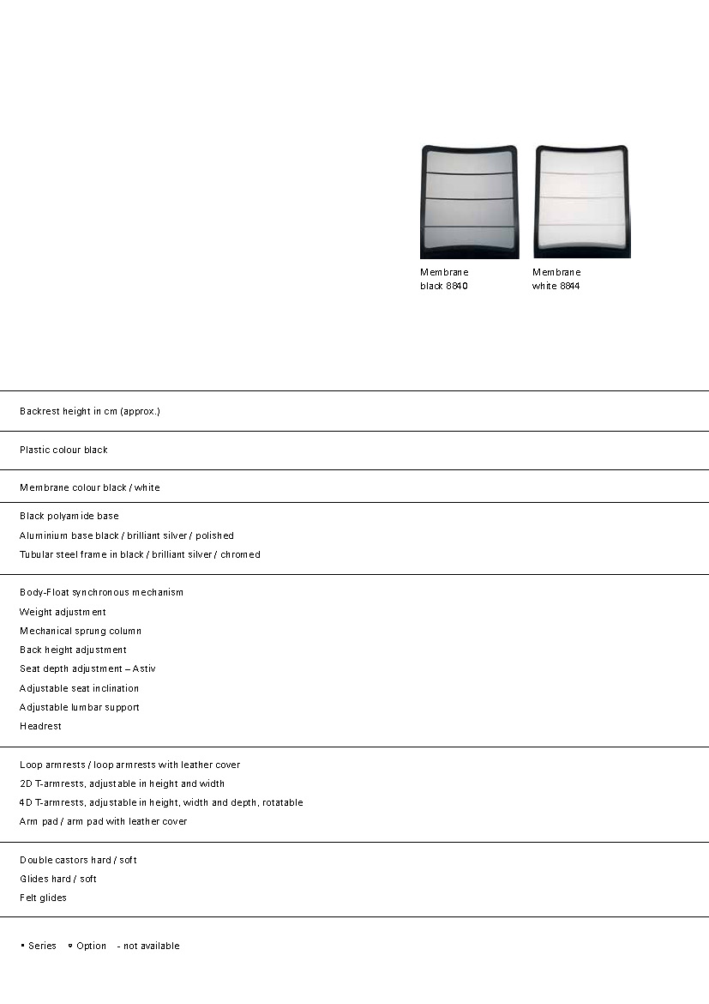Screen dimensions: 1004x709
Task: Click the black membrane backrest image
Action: (469, 202)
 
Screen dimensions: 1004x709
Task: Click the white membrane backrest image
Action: (582, 202)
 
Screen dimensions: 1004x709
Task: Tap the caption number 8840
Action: (456, 286)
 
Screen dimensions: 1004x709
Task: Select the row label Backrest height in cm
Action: (90, 411)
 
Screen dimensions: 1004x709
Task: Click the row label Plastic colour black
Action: (63, 450)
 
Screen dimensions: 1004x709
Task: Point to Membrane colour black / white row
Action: (90, 487)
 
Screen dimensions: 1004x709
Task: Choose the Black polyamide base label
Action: (69, 516)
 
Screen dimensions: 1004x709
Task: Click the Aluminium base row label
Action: (127, 535)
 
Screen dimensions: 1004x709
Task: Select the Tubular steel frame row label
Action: (140, 554)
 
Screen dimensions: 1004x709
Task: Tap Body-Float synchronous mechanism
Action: (101, 592)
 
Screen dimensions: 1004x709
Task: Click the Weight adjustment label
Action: (63, 612)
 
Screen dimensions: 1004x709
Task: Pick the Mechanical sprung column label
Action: (81, 631)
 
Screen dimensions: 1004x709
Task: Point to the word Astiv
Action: (144, 668)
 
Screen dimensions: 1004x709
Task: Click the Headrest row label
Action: (40, 726)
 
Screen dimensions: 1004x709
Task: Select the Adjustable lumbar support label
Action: (79, 707)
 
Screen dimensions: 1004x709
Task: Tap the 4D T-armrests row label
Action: (161, 802)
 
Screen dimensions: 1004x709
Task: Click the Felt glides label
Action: (43, 898)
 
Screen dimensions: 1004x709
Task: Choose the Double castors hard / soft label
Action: (78, 860)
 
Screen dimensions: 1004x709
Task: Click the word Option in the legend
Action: (91, 946)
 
